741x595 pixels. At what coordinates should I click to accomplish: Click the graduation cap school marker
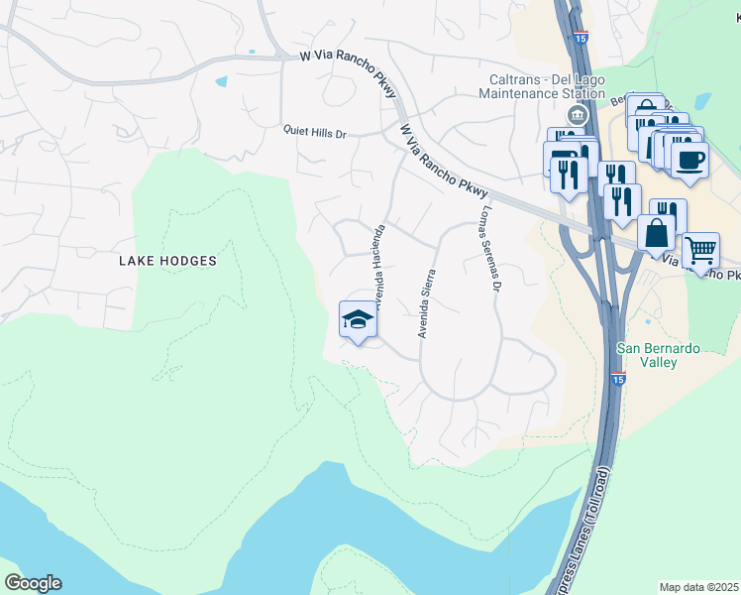[358, 319]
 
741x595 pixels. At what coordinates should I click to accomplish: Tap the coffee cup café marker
[689, 159]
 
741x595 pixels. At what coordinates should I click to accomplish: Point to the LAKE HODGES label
[166, 261]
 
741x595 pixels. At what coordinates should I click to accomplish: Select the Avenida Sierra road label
[427, 303]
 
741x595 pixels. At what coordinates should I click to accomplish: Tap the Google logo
[33, 583]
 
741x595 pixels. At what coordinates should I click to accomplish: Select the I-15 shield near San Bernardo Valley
[618, 379]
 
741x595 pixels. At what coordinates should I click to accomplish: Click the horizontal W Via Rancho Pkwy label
[341, 58]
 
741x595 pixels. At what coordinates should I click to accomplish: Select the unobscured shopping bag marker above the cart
[656, 233]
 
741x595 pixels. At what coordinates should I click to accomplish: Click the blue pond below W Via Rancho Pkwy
[220, 81]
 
